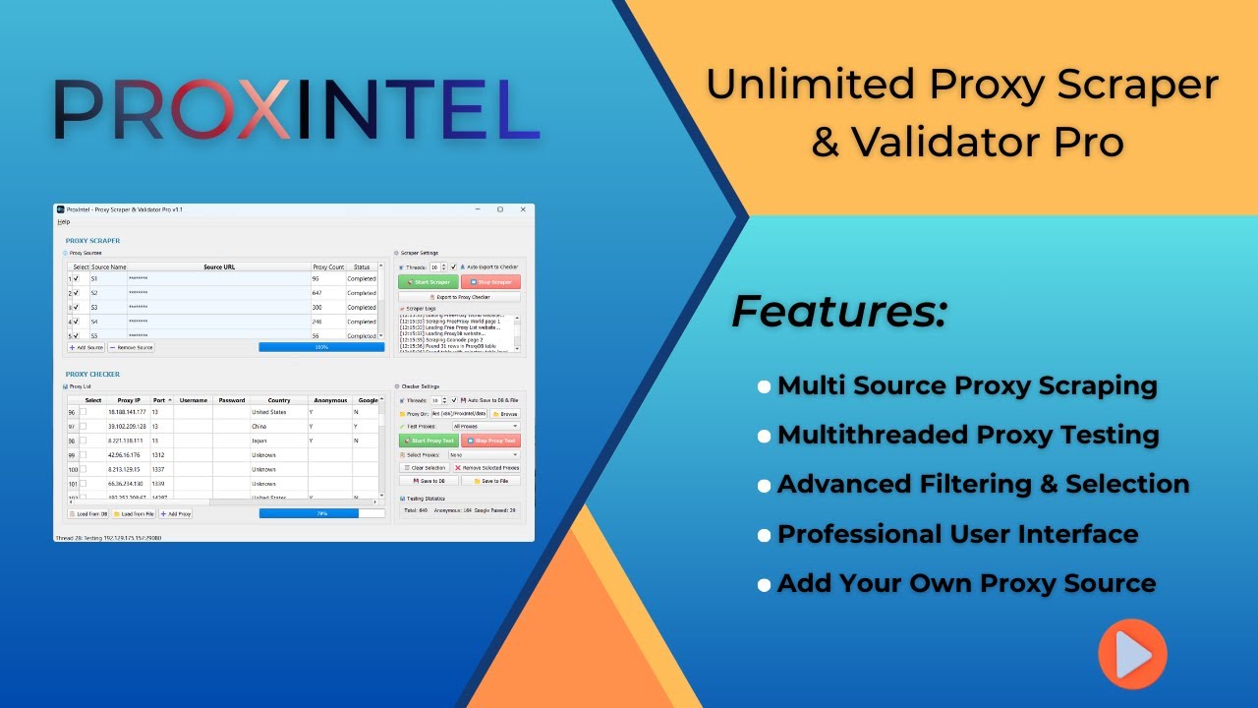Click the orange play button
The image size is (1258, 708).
click(1132, 654)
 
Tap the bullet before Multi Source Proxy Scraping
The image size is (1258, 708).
click(764, 386)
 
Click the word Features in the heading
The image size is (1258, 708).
click(838, 312)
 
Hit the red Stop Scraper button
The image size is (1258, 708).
click(490, 282)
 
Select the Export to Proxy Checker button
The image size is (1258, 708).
click(459, 297)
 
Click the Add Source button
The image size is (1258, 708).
click(86, 347)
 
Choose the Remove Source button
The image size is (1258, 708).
click(131, 347)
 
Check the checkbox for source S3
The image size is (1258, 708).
click(76, 307)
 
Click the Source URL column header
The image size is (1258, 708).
click(218, 267)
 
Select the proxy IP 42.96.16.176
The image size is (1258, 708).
click(126, 455)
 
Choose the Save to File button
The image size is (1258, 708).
click(490, 481)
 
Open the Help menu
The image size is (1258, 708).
click(64, 222)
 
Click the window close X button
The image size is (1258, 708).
click(522, 209)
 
